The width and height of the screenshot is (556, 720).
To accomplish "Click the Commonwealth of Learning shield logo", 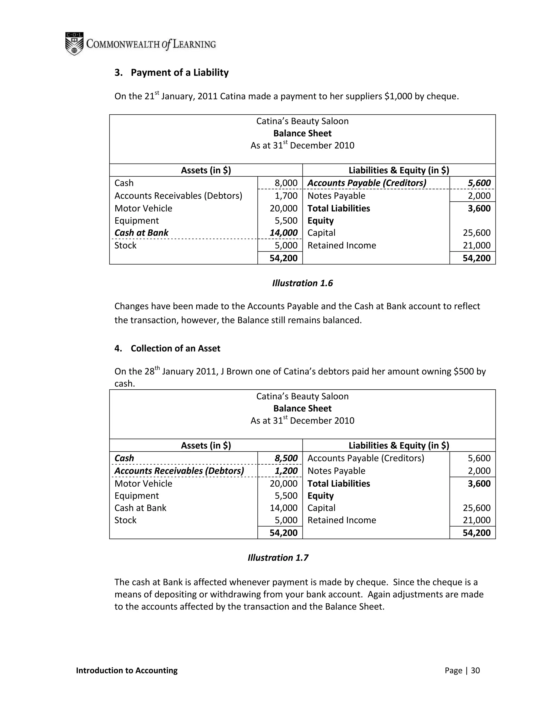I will pos(74,43).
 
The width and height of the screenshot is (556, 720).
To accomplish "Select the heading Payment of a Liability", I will pos(179,73).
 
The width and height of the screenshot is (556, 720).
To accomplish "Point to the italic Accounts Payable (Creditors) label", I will pos(367,183).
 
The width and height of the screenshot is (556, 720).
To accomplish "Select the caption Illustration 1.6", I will pos(302,283).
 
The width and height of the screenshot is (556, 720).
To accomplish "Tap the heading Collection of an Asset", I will pos(175,349).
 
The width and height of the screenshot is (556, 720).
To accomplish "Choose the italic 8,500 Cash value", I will pos(286,458).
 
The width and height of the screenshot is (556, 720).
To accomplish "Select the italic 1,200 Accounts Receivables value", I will pos(286,471).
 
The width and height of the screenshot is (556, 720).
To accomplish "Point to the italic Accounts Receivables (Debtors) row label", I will pos(179,471).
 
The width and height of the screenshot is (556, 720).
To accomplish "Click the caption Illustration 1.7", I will pos(278,558).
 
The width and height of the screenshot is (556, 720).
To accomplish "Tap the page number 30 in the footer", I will pos(475,671).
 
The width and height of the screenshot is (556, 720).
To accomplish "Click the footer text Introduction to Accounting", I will pos(127,671).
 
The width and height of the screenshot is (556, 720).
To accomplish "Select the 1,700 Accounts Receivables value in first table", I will pos(286,196).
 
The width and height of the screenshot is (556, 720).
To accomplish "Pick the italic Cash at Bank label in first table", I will pos(141,233).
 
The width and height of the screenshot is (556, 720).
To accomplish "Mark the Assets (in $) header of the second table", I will pos(206,446).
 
